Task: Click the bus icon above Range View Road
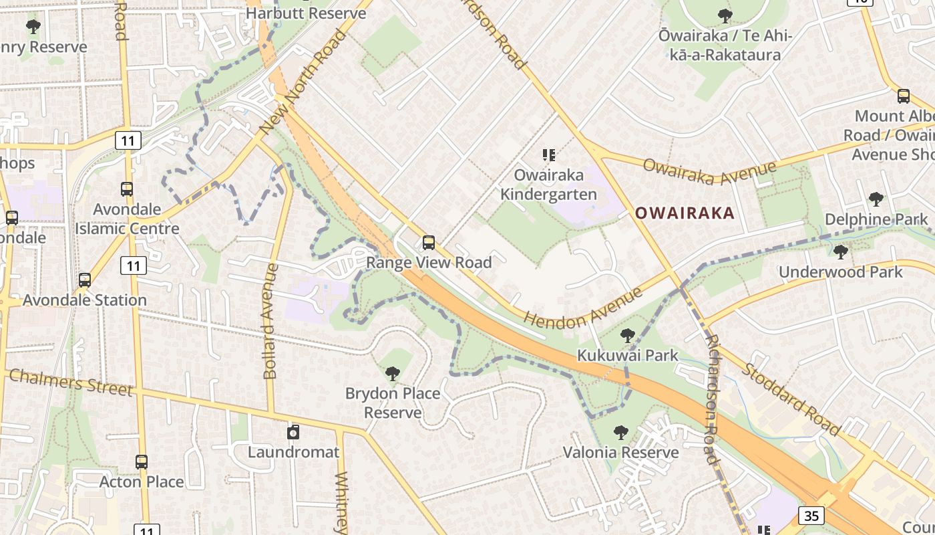click(x=429, y=242)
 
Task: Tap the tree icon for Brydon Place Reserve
click(x=393, y=373)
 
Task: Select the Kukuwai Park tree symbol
click(x=627, y=335)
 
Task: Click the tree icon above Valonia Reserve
click(x=621, y=432)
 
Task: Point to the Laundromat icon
click(x=293, y=432)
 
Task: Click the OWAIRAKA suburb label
click(x=685, y=213)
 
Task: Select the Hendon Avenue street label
click(x=582, y=308)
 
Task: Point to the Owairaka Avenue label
click(x=709, y=172)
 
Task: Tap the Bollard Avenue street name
click(x=270, y=321)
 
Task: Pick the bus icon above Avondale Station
click(x=85, y=280)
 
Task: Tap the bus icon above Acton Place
click(x=142, y=461)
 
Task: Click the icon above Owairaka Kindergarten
click(x=549, y=155)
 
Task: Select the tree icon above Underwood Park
click(x=841, y=251)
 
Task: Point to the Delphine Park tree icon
click(x=876, y=199)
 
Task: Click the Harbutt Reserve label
click(x=306, y=13)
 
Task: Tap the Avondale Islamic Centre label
click(x=127, y=219)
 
